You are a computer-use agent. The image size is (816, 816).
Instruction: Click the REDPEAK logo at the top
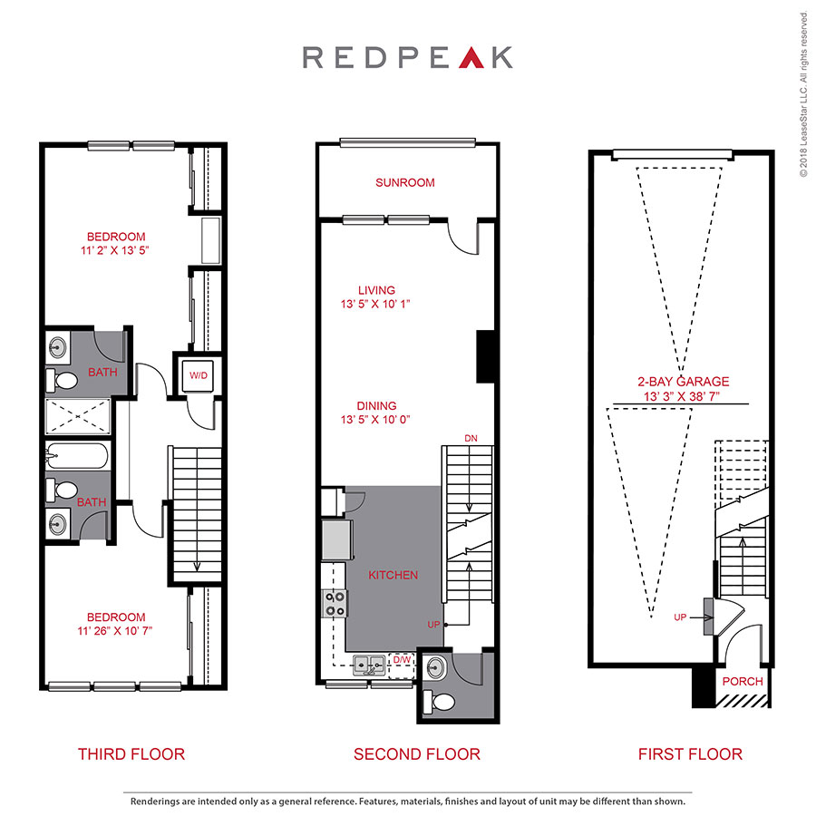coord(407,57)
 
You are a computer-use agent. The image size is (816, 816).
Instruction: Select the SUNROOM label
coord(405,182)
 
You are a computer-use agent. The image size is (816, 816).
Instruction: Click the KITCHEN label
coord(393,575)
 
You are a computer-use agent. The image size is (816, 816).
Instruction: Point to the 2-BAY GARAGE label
coord(682,382)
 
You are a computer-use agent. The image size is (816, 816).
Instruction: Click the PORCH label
coord(742,681)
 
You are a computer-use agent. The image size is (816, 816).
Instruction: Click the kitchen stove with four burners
coord(335,604)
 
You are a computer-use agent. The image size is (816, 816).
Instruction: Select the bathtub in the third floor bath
coord(76,455)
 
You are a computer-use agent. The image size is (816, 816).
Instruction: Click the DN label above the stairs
coord(470,438)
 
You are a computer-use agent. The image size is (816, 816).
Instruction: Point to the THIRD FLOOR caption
coord(131,753)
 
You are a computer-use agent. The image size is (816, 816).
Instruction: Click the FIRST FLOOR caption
coord(689,753)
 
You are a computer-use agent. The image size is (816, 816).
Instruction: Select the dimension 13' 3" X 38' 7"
coord(682,397)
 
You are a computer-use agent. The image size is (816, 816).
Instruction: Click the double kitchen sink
coord(371,665)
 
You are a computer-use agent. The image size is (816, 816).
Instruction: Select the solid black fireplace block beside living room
coord(484,355)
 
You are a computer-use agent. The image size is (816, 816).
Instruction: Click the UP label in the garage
coord(680,617)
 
